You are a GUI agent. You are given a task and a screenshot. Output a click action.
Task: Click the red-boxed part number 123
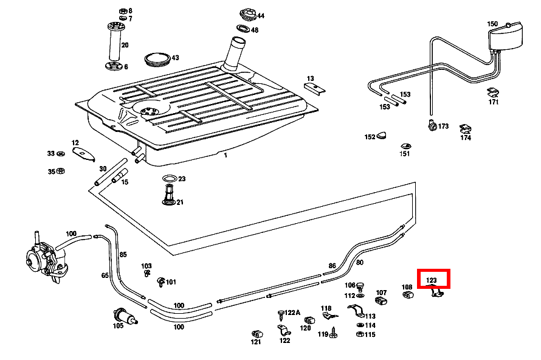[x=432, y=280]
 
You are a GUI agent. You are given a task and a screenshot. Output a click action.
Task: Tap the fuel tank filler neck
[x=235, y=55]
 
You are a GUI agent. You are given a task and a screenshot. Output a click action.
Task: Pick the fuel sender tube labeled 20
[x=114, y=46]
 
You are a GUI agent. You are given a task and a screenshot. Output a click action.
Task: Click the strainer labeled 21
[x=169, y=196]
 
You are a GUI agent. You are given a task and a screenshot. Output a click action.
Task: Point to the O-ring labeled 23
[x=170, y=179]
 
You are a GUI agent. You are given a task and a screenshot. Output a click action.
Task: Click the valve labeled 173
[x=432, y=126]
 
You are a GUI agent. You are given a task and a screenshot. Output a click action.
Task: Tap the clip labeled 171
[x=493, y=92]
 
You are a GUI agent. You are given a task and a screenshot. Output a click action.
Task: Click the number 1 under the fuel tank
[x=225, y=155]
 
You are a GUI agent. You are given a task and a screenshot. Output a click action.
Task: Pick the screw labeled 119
[x=334, y=333]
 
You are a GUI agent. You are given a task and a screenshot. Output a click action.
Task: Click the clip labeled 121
[x=256, y=334]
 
